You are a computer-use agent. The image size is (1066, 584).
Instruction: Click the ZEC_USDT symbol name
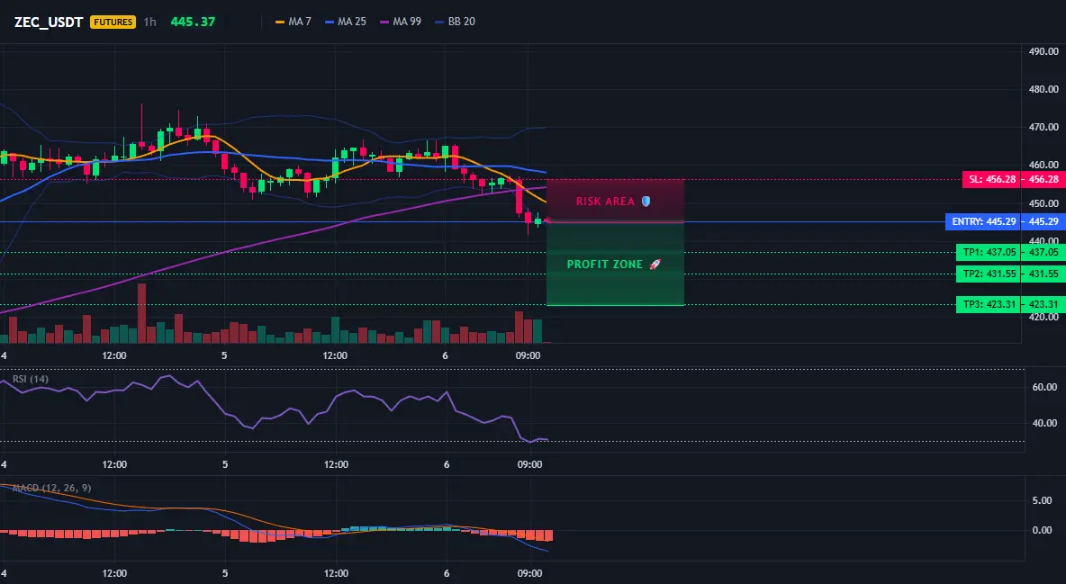(x=49, y=22)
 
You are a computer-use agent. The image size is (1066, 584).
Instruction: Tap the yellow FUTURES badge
(x=113, y=22)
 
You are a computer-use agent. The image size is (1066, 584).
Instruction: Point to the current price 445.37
(x=193, y=22)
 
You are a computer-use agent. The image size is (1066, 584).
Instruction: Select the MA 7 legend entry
(x=293, y=22)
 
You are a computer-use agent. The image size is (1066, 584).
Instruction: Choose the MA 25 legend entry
(x=346, y=22)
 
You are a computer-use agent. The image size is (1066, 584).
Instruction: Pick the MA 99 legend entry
(x=401, y=22)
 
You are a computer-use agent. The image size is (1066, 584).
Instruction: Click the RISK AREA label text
(x=605, y=202)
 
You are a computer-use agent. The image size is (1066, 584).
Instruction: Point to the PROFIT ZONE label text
(x=604, y=265)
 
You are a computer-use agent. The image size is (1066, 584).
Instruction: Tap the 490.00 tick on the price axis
(x=1043, y=51)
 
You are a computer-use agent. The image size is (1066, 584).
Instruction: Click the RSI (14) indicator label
(x=31, y=379)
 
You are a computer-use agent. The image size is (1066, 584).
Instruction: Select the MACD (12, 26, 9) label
(x=51, y=488)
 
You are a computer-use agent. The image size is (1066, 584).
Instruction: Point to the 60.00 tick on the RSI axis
(x=1045, y=387)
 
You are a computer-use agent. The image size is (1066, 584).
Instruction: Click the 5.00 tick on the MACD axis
(x=1043, y=500)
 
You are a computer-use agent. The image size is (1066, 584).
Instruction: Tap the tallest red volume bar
(x=141, y=313)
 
